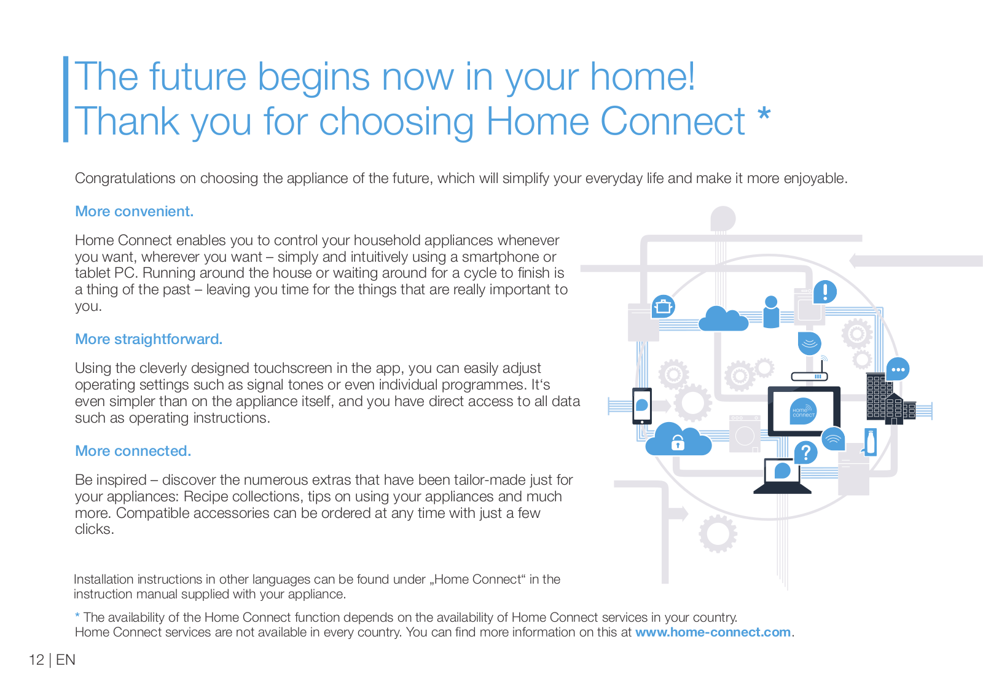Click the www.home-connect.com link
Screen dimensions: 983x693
tap(713, 632)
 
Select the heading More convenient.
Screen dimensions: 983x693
tap(135, 211)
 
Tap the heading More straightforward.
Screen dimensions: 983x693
tap(149, 339)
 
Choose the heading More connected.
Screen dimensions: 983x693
tap(133, 451)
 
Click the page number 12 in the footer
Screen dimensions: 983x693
tap(36, 660)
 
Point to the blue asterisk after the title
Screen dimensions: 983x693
tap(764, 113)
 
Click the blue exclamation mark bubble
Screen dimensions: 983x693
tap(824, 292)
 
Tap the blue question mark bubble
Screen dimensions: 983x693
tap(805, 453)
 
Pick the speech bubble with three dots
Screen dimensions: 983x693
tap(898, 369)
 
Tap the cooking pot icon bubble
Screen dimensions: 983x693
tap(663, 307)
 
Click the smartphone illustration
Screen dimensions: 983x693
tap(641, 406)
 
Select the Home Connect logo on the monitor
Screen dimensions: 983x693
tap(804, 411)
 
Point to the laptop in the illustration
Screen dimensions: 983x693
tap(782, 476)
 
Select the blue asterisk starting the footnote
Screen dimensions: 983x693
tap(77, 616)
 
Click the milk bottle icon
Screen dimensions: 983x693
tap(871, 442)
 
